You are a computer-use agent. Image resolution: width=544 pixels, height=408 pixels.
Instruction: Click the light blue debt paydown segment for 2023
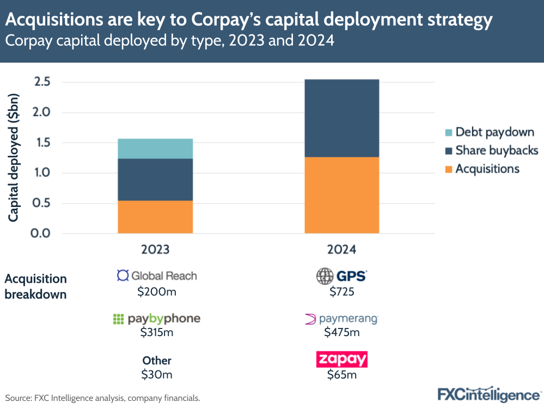coord(155,149)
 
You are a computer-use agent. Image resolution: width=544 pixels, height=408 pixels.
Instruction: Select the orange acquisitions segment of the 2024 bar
coord(341,195)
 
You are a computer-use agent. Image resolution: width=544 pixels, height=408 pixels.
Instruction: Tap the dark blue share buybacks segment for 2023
coord(155,180)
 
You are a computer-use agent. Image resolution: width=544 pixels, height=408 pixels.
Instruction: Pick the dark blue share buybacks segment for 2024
coord(341,118)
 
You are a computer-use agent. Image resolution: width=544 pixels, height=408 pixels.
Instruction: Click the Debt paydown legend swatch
coord(448,132)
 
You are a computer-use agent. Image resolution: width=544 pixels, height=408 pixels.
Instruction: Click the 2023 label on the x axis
coord(155,249)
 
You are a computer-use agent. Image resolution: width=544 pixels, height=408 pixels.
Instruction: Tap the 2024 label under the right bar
coord(341,249)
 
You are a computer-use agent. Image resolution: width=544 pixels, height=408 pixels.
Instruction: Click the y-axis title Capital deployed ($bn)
coord(14,158)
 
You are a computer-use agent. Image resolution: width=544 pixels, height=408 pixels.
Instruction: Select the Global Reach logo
coord(157,276)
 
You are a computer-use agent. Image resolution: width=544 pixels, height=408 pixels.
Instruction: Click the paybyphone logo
coord(156,319)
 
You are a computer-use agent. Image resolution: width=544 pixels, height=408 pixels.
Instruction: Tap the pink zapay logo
coord(341,360)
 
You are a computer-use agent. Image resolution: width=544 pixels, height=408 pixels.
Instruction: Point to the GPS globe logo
coord(325,276)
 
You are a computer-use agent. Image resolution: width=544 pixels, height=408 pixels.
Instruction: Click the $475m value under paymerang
coord(341,332)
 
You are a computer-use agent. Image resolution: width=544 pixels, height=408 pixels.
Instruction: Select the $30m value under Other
coord(156,375)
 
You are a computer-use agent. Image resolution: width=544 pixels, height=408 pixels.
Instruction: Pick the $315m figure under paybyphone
coord(156,332)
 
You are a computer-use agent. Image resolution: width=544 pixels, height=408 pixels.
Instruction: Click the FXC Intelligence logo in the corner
coord(488,393)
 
